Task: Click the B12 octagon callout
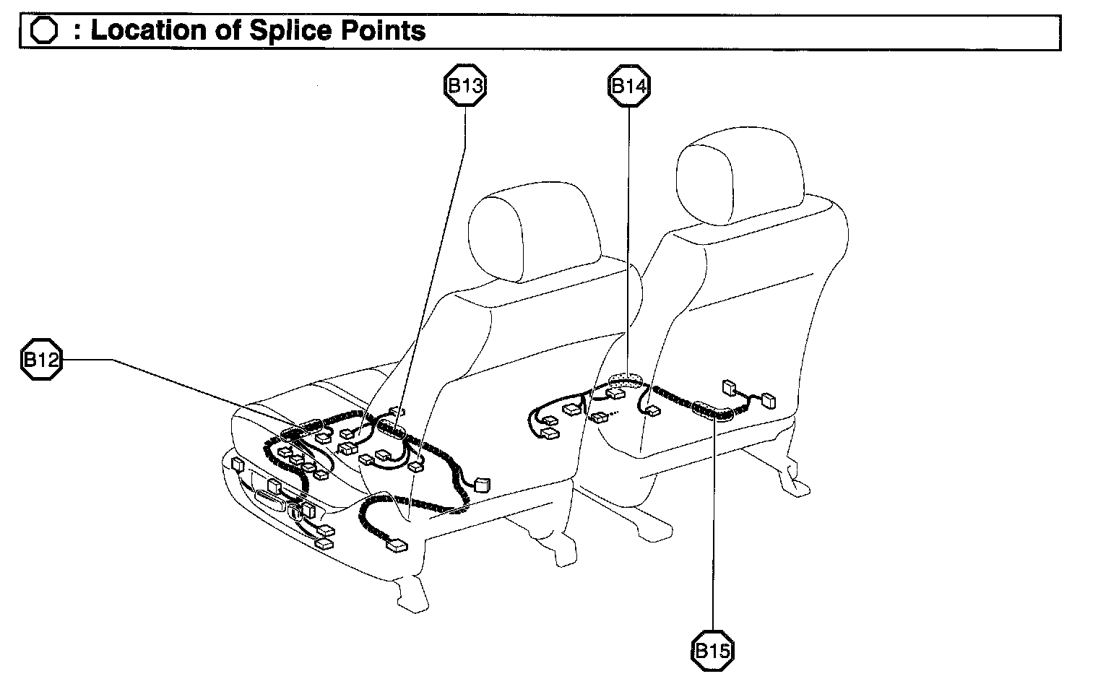click(42, 359)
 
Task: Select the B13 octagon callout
click(465, 85)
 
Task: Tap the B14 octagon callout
click(629, 86)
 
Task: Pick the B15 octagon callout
click(712, 650)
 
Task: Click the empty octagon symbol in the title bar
click(43, 30)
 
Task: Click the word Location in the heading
click(149, 30)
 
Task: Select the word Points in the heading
click(383, 30)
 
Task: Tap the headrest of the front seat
click(535, 231)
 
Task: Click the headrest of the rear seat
click(740, 176)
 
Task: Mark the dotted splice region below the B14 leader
click(626, 380)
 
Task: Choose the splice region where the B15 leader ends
click(712, 411)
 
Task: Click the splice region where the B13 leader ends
click(392, 429)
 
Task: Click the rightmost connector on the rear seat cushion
click(769, 400)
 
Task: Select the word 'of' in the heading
click(228, 30)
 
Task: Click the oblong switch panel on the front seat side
click(271, 503)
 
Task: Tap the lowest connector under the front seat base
click(397, 545)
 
